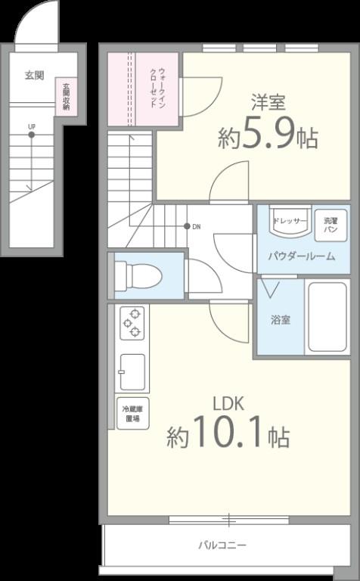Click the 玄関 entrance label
(34, 75)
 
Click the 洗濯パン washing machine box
(331, 223)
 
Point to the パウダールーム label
(301, 256)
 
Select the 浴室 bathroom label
(280, 320)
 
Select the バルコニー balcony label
(222, 545)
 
